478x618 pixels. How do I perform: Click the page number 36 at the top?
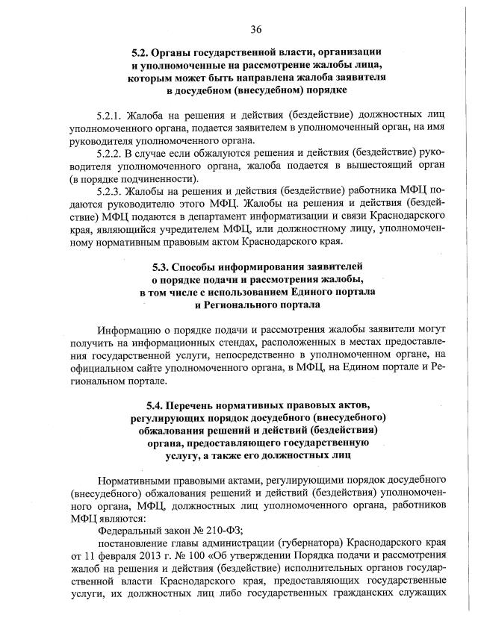(x=255, y=29)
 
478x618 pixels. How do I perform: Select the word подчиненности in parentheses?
(x=159, y=180)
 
